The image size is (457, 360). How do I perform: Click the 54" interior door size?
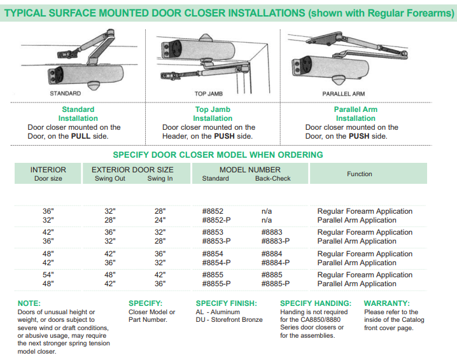click(48, 275)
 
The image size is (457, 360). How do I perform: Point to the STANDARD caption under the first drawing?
click(66, 93)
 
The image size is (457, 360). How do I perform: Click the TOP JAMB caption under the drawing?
click(209, 93)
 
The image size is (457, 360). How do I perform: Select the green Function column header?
click(360, 174)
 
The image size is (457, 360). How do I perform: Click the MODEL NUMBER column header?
click(250, 170)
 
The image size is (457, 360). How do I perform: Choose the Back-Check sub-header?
click(272, 179)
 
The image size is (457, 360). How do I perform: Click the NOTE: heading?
click(29, 303)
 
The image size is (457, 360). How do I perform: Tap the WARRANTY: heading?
click(387, 303)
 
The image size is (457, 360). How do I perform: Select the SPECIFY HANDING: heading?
click(316, 303)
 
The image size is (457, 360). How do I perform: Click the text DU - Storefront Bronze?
click(229, 320)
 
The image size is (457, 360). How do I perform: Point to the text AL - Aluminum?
click(218, 312)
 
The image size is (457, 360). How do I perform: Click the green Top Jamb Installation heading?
click(213, 114)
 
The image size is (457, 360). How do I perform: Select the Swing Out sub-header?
click(110, 179)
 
